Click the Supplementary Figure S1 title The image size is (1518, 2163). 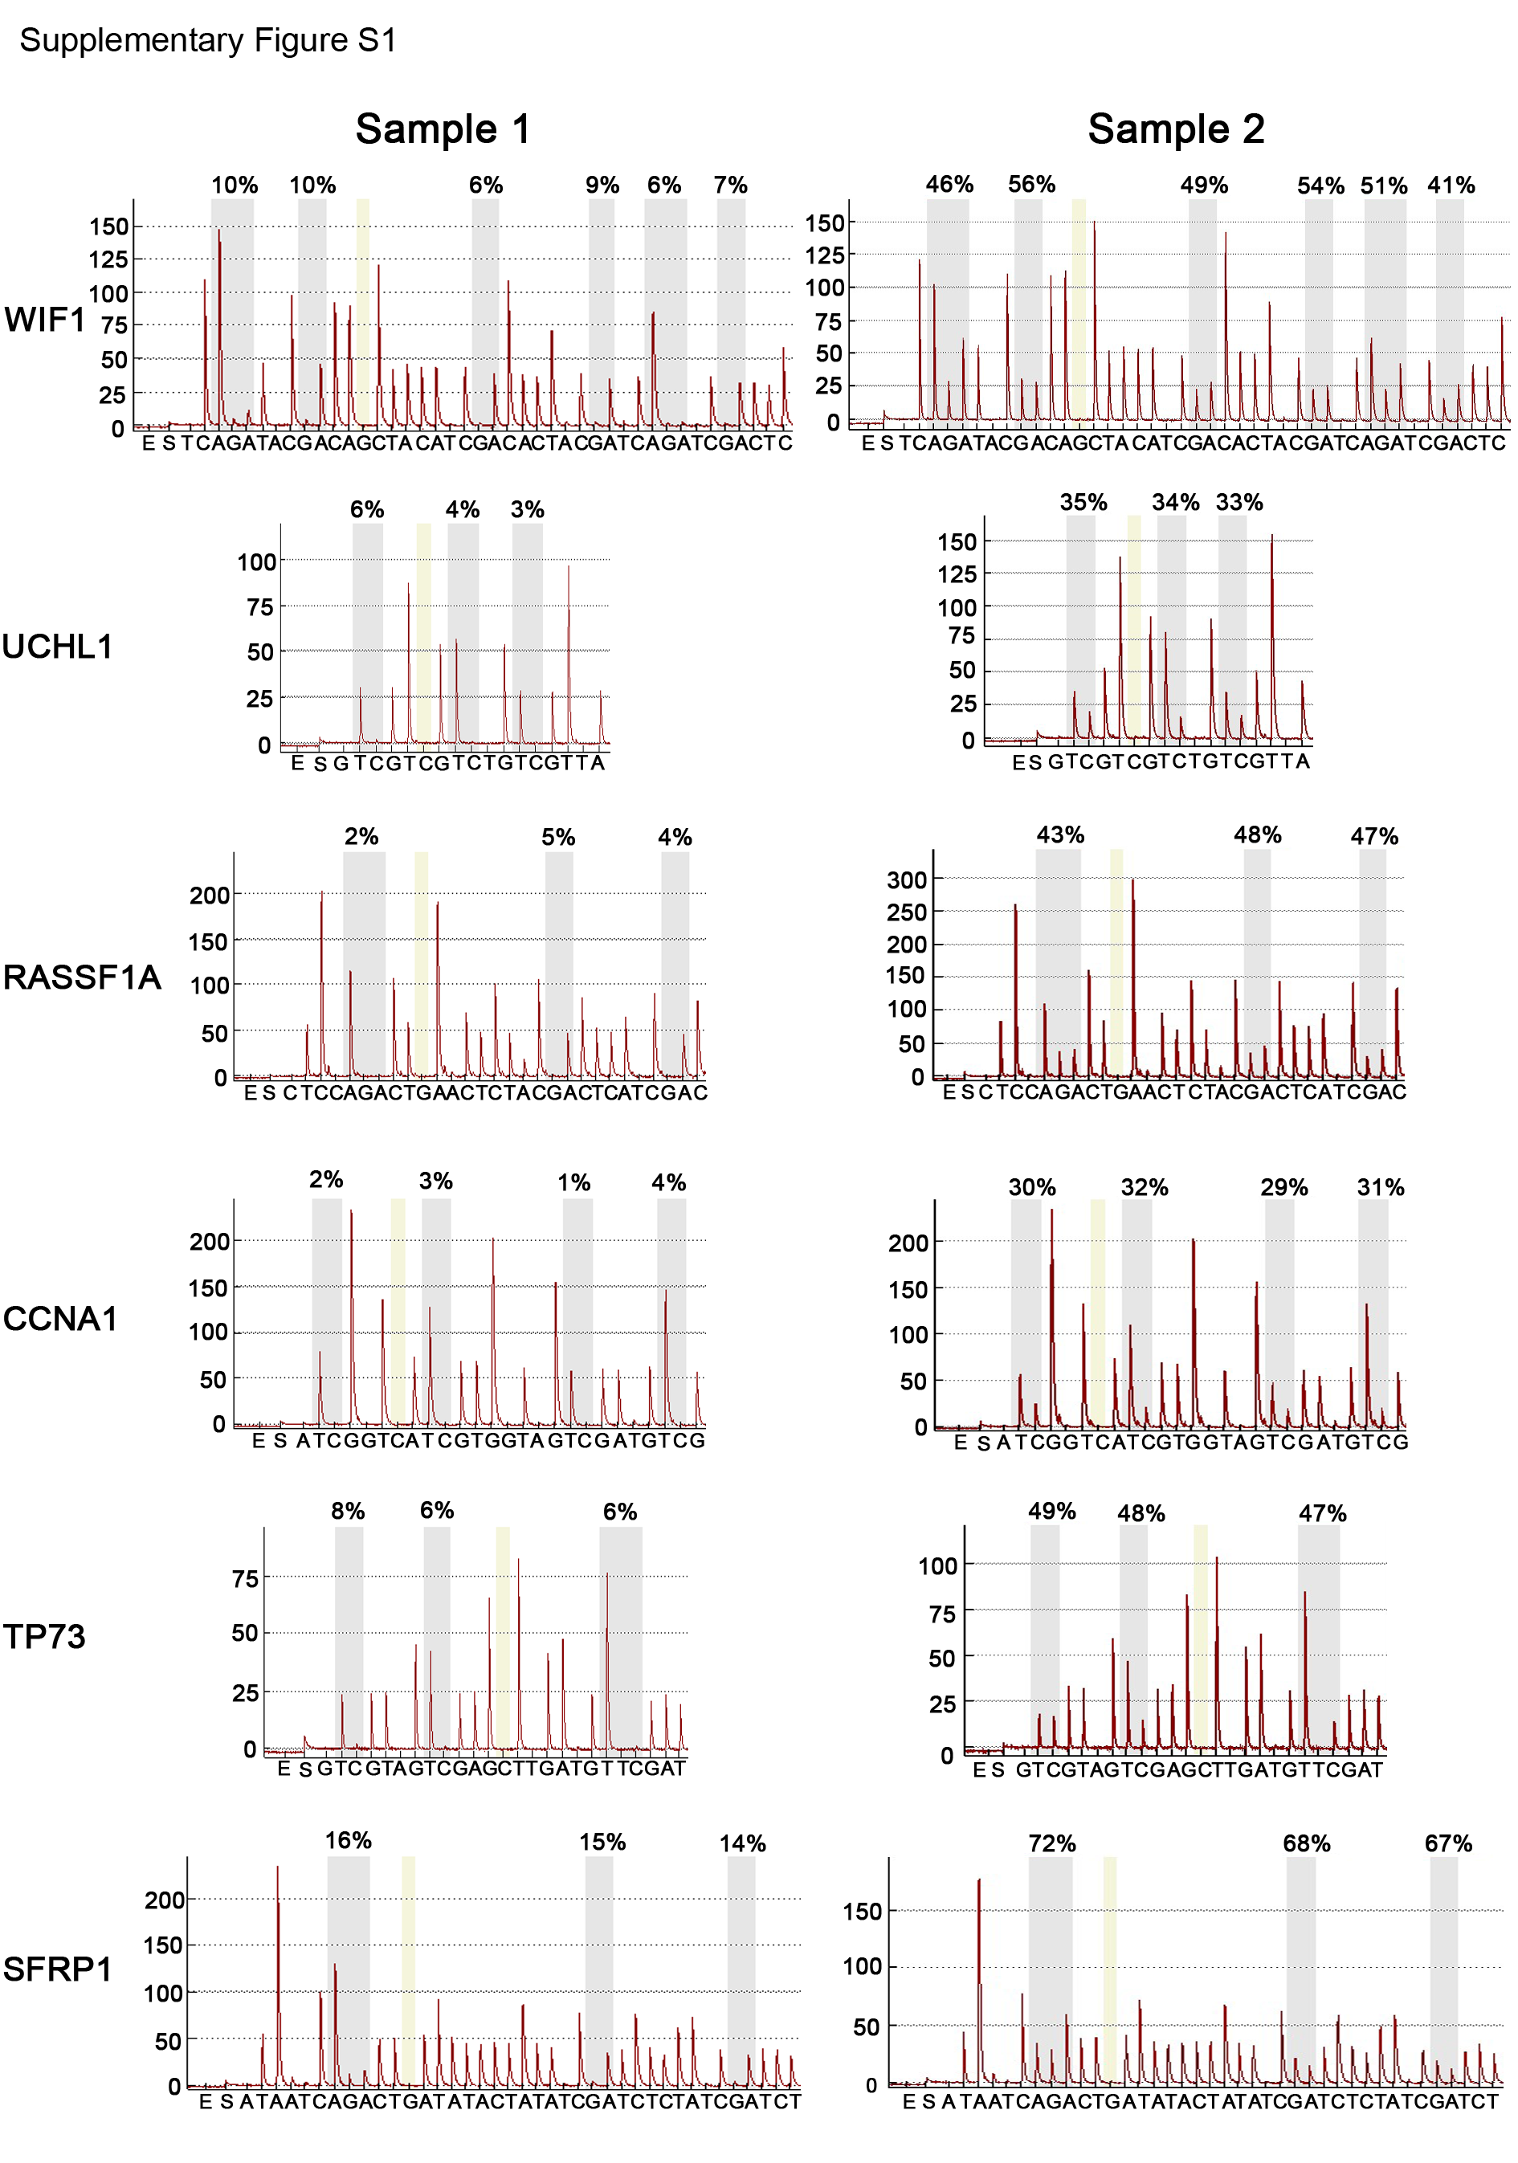click(207, 40)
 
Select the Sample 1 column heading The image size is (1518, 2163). click(442, 129)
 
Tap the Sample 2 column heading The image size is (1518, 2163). click(1175, 129)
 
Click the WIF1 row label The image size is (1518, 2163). click(44, 320)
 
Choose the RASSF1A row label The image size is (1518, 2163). click(82, 977)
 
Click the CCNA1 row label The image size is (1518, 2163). click(60, 1318)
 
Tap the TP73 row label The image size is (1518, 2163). click(44, 1636)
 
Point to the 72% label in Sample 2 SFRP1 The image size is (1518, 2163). click(1051, 1843)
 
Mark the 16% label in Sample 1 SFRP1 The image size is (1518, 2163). click(348, 1841)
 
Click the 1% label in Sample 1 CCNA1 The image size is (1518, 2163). click(573, 1182)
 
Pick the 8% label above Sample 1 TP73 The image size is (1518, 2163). click(348, 1511)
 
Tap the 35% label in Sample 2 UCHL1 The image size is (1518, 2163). click(1083, 502)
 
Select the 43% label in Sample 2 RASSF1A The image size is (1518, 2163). click(1060, 835)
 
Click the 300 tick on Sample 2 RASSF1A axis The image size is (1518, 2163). click(907, 879)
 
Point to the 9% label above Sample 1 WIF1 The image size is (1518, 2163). click(602, 185)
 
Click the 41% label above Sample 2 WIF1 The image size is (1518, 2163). click(1451, 185)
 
